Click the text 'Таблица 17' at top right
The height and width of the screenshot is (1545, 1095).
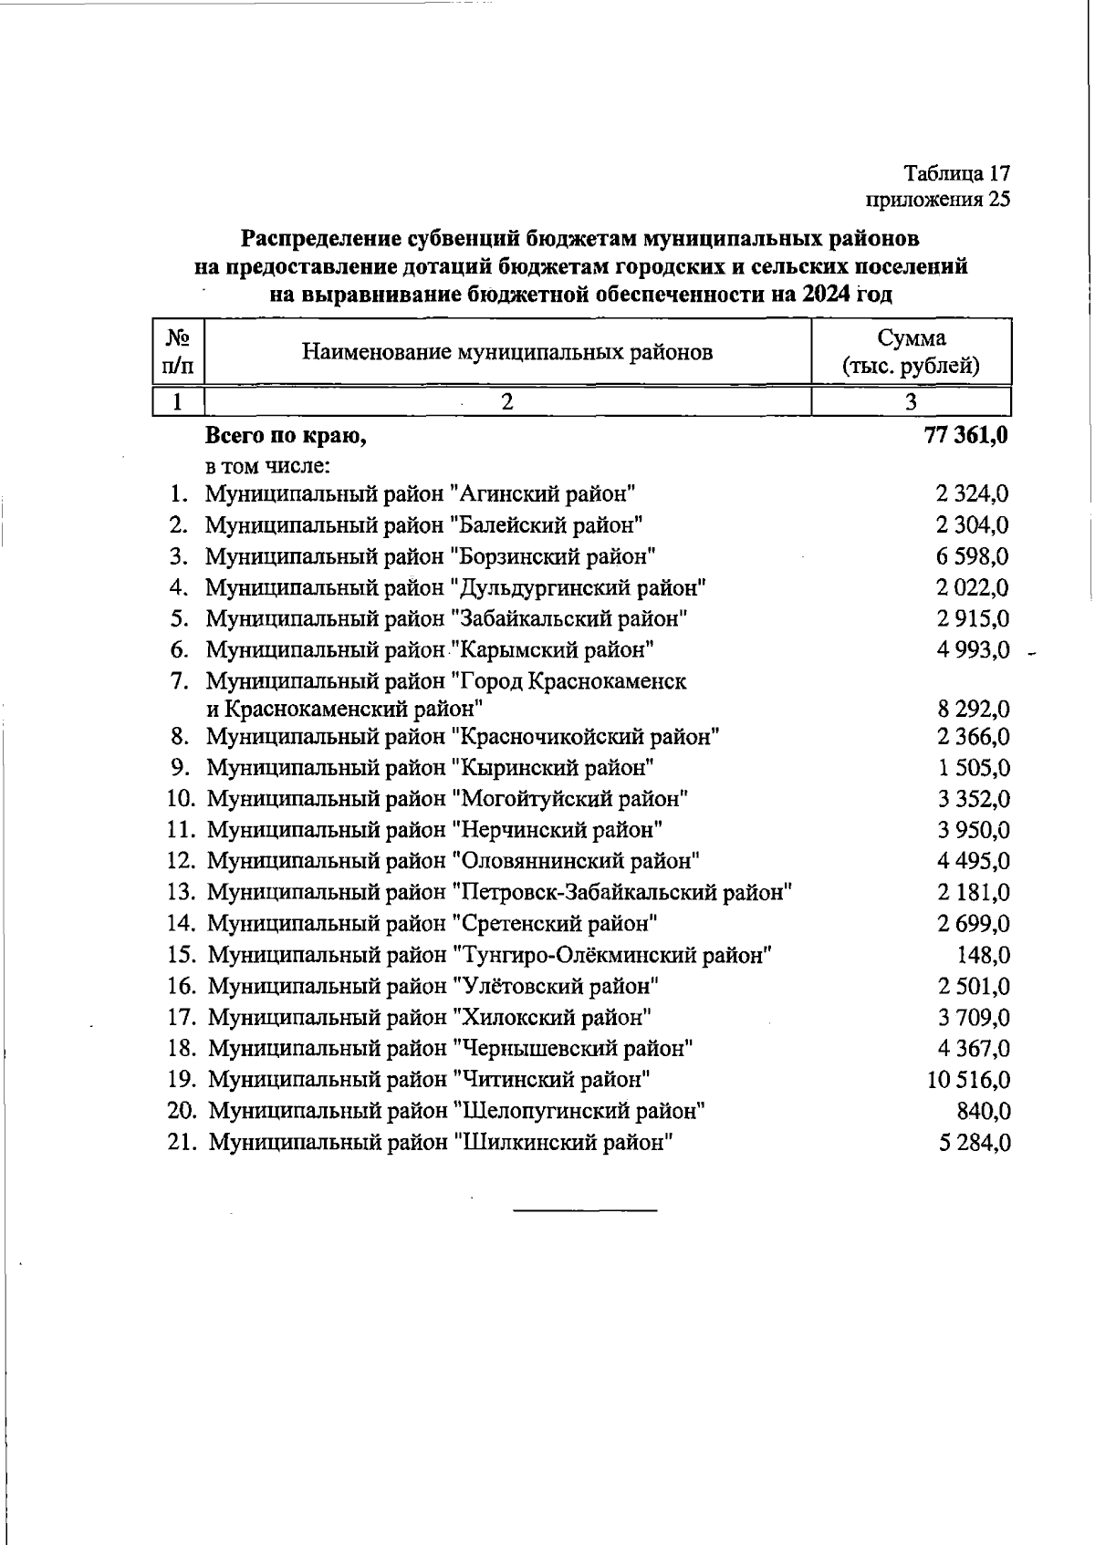click(x=956, y=173)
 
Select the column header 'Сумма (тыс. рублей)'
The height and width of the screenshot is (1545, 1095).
click(x=912, y=352)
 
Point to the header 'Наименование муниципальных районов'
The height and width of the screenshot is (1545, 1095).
click(x=507, y=352)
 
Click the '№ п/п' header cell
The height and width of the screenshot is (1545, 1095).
click(x=178, y=352)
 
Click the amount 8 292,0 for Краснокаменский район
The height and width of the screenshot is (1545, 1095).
click(x=973, y=709)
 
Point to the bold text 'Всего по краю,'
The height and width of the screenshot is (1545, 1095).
click(x=286, y=436)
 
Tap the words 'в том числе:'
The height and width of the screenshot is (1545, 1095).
click(x=266, y=466)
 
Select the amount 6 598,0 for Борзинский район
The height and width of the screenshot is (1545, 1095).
click(x=973, y=556)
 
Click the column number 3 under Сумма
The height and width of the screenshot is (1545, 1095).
click(x=911, y=402)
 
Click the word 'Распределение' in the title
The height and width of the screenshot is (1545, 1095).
click(x=320, y=239)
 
